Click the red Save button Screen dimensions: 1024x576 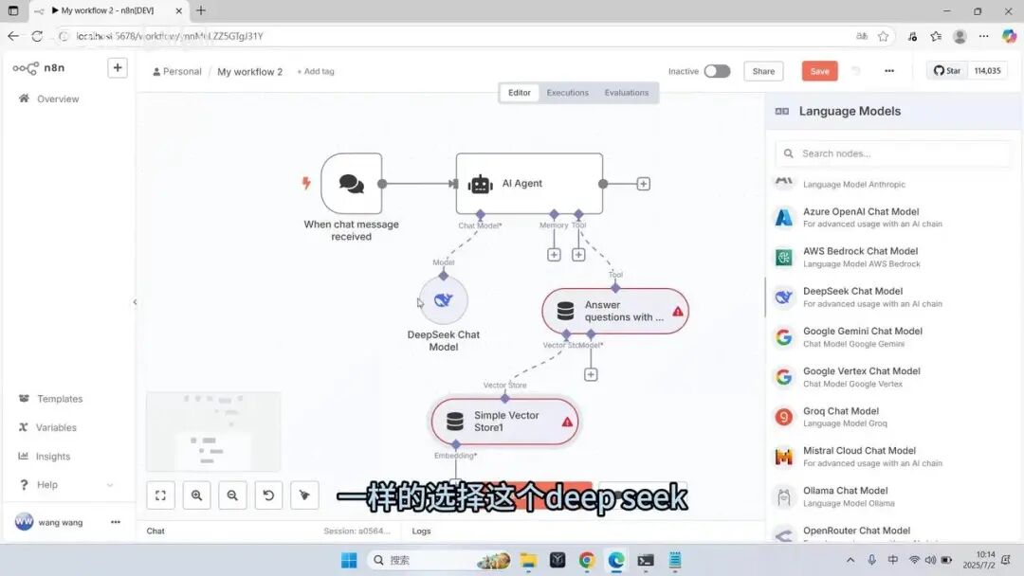click(819, 71)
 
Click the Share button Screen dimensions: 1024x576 click(763, 71)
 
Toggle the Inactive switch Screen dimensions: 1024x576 click(717, 71)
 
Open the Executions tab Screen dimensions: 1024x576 click(567, 93)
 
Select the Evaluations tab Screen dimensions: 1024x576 click(626, 93)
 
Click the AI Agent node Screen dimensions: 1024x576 click(529, 184)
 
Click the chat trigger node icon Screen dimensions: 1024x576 click(351, 184)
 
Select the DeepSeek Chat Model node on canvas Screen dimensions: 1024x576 click(443, 300)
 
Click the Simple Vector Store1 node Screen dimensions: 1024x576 click(504, 422)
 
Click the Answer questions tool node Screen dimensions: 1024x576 click(614, 311)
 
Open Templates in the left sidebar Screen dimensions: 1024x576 click(59, 399)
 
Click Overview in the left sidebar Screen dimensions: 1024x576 click(57, 99)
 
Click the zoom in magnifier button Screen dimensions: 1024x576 click(196, 495)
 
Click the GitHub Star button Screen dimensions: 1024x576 click(947, 71)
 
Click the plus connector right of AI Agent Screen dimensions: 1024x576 click(644, 184)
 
